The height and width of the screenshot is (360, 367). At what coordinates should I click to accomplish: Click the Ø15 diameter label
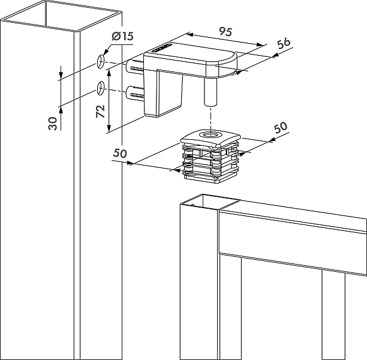pyautogui.click(x=122, y=36)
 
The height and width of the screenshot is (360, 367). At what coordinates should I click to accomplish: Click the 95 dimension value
pyautogui.click(x=225, y=32)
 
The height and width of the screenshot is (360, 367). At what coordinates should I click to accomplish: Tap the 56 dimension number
pyautogui.click(x=284, y=43)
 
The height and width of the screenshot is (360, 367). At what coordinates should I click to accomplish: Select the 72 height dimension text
pyautogui.click(x=101, y=111)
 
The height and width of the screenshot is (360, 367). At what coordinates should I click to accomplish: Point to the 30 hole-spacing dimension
pyautogui.click(x=53, y=123)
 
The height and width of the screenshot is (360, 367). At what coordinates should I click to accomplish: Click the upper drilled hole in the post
pyautogui.click(x=101, y=62)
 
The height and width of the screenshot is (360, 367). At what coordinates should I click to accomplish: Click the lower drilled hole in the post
pyautogui.click(x=101, y=88)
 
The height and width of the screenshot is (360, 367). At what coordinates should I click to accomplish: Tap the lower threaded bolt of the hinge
pyautogui.click(x=135, y=94)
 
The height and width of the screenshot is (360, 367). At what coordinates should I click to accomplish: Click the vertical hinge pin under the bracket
pyautogui.click(x=210, y=92)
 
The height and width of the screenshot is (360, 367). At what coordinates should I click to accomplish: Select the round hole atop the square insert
pyautogui.click(x=210, y=135)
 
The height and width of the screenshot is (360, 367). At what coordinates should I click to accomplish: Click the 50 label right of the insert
pyautogui.click(x=281, y=127)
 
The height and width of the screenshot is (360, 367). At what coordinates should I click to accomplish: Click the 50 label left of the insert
pyautogui.click(x=120, y=153)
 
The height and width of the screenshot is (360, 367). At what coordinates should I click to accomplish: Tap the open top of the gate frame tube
pyautogui.click(x=210, y=202)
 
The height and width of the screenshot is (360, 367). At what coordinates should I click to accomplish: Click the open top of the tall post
pyautogui.click(x=61, y=16)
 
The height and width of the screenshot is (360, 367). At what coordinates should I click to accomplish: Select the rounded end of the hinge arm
pyautogui.click(x=222, y=65)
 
